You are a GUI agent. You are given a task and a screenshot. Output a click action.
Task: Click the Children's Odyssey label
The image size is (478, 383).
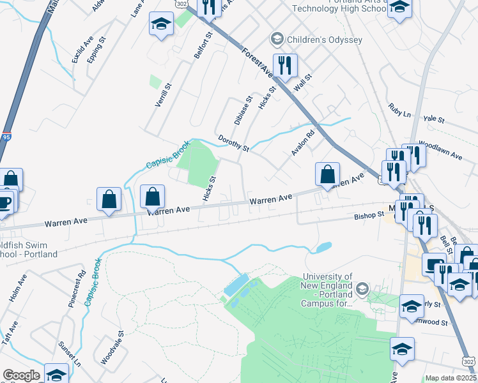325,40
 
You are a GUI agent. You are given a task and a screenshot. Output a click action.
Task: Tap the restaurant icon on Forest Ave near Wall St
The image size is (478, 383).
283,66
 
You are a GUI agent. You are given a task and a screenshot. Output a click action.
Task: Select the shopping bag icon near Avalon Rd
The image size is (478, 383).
327,175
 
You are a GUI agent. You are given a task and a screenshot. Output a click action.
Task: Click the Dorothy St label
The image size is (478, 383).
233,143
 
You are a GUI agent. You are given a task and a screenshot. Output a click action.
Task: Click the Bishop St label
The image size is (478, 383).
369,217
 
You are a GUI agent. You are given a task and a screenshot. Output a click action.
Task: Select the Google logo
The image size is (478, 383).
20,375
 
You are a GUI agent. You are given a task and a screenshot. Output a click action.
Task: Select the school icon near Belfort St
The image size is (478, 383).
161,26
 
